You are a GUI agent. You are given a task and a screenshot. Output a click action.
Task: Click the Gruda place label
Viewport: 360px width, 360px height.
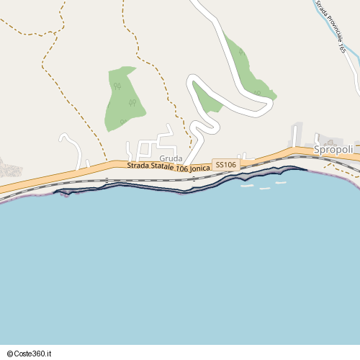171,158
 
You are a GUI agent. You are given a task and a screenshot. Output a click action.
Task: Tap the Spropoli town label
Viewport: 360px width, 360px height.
334,149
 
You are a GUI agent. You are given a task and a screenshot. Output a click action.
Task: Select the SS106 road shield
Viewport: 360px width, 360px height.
225,166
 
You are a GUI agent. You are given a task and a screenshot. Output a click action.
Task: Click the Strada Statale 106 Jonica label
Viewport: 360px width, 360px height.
168,166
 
